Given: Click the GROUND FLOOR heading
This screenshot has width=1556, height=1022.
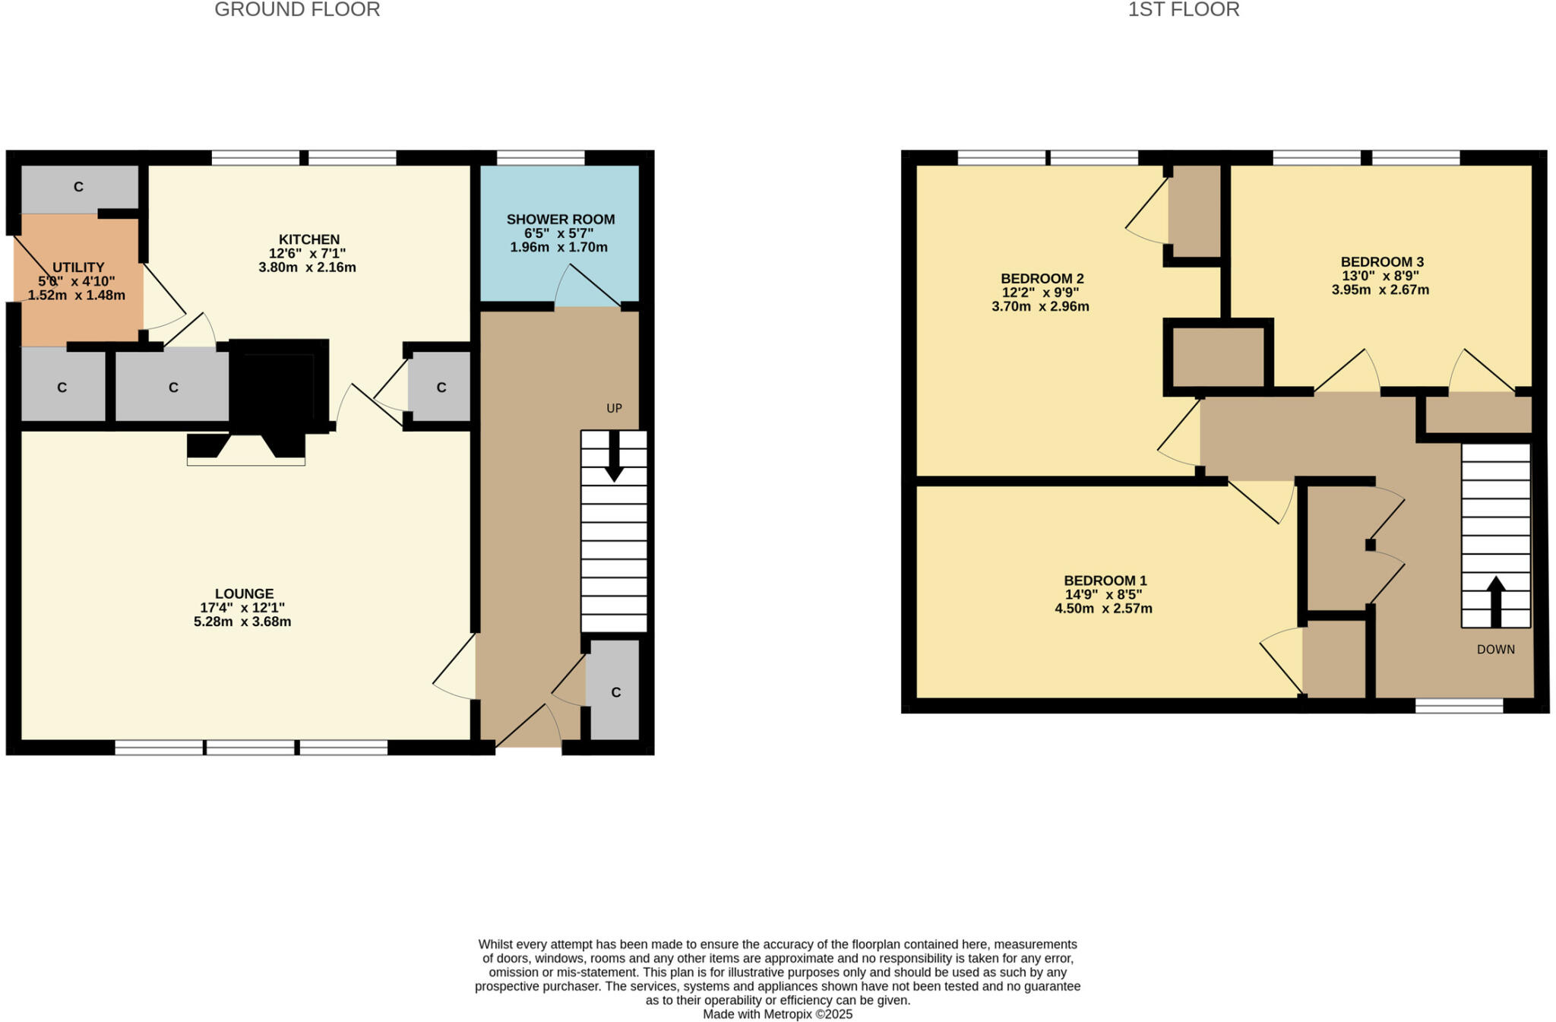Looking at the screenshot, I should pyautogui.click(x=297, y=10).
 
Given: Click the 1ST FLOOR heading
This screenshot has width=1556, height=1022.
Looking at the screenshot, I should pyautogui.click(x=1183, y=10).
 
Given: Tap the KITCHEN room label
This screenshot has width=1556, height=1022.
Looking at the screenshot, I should pyautogui.click(x=308, y=239).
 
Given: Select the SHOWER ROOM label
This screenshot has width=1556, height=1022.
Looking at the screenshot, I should pyautogui.click(x=561, y=220).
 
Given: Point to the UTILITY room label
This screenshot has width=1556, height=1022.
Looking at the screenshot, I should pyautogui.click(x=78, y=267).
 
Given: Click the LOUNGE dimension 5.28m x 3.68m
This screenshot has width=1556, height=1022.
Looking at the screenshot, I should pyautogui.click(x=242, y=622).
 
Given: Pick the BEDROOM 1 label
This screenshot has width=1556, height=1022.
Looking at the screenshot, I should pyautogui.click(x=1105, y=581).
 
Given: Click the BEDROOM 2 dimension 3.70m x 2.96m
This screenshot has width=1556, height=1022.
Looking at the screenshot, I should pyautogui.click(x=1040, y=307).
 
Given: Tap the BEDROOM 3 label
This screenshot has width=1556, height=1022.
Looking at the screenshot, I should pyautogui.click(x=1381, y=262).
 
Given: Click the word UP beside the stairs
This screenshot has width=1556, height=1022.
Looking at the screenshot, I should pyautogui.click(x=614, y=408).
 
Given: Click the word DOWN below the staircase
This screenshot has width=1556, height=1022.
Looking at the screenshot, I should pyautogui.click(x=1495, y=650).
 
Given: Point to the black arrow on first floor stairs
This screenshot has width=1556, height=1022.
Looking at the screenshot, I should pyautogui.click(x=1495, y=600).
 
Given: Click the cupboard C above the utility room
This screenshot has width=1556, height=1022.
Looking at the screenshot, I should pyautogui.click(x=78, y=187).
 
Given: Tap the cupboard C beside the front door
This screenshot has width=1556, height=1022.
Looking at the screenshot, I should pyautogui.click(x=615, y=692).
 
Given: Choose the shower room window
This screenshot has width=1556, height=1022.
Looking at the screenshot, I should pyautogui.click(x=540, y=157).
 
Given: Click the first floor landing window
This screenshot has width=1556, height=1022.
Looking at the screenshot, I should pyautogui.click(x=1459, y=706).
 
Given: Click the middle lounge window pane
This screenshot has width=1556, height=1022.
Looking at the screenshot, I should pyautogui.click(x=251, y=748).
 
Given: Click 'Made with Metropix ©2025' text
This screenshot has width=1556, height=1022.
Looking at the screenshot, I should pyautogui.click(x=777, y=1014).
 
